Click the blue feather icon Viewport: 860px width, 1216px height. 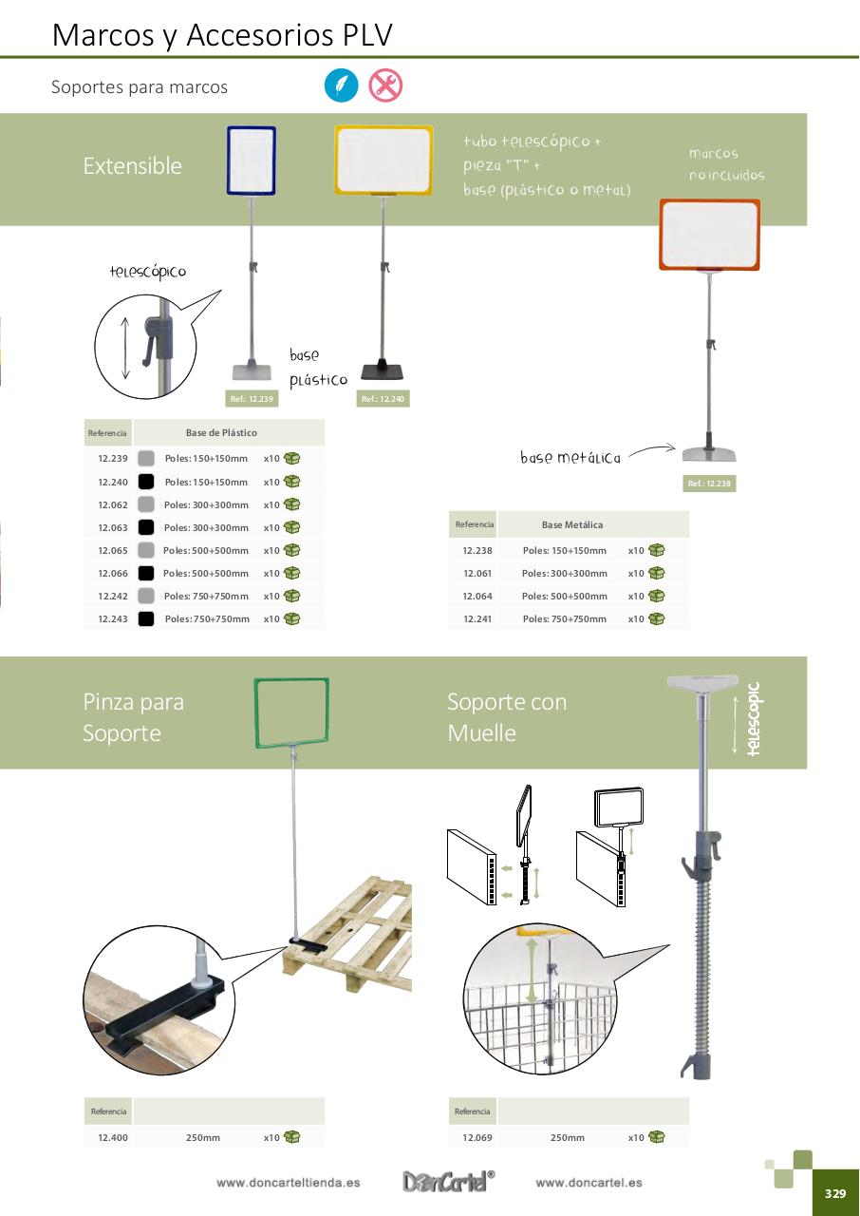(341, 85)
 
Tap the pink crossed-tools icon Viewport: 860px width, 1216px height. (385, 85)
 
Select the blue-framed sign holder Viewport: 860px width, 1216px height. (251, 161)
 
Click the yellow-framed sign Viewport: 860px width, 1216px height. (383, 160)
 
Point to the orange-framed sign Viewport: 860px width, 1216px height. (710, 235)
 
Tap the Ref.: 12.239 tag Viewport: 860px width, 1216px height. (252, 399)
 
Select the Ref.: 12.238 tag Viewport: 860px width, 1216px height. (709, 484)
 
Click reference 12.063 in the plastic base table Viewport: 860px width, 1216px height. (113, 527)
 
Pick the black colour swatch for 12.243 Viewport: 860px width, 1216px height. (146, 618)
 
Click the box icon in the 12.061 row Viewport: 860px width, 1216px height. (656, 573)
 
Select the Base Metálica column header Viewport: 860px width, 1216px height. (572, 525)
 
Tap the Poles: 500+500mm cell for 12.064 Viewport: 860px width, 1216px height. (565, 596)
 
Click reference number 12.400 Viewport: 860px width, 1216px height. (113, 1138)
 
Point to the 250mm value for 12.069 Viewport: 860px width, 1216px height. (568, 1138)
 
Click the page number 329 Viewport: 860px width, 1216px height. (835, 1194)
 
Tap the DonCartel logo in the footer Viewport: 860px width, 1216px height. (448, 1181)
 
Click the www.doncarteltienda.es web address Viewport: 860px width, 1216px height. (288, 1183)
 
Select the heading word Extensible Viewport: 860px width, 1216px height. (132, 166)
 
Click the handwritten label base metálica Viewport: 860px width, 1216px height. (570, 458)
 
